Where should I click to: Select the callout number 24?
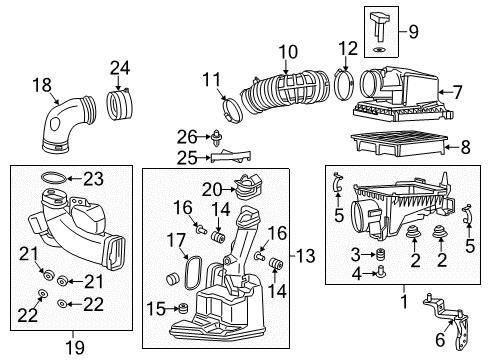point(120,69)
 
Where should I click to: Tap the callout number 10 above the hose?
point(288,51)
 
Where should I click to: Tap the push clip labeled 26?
point(211,135)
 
